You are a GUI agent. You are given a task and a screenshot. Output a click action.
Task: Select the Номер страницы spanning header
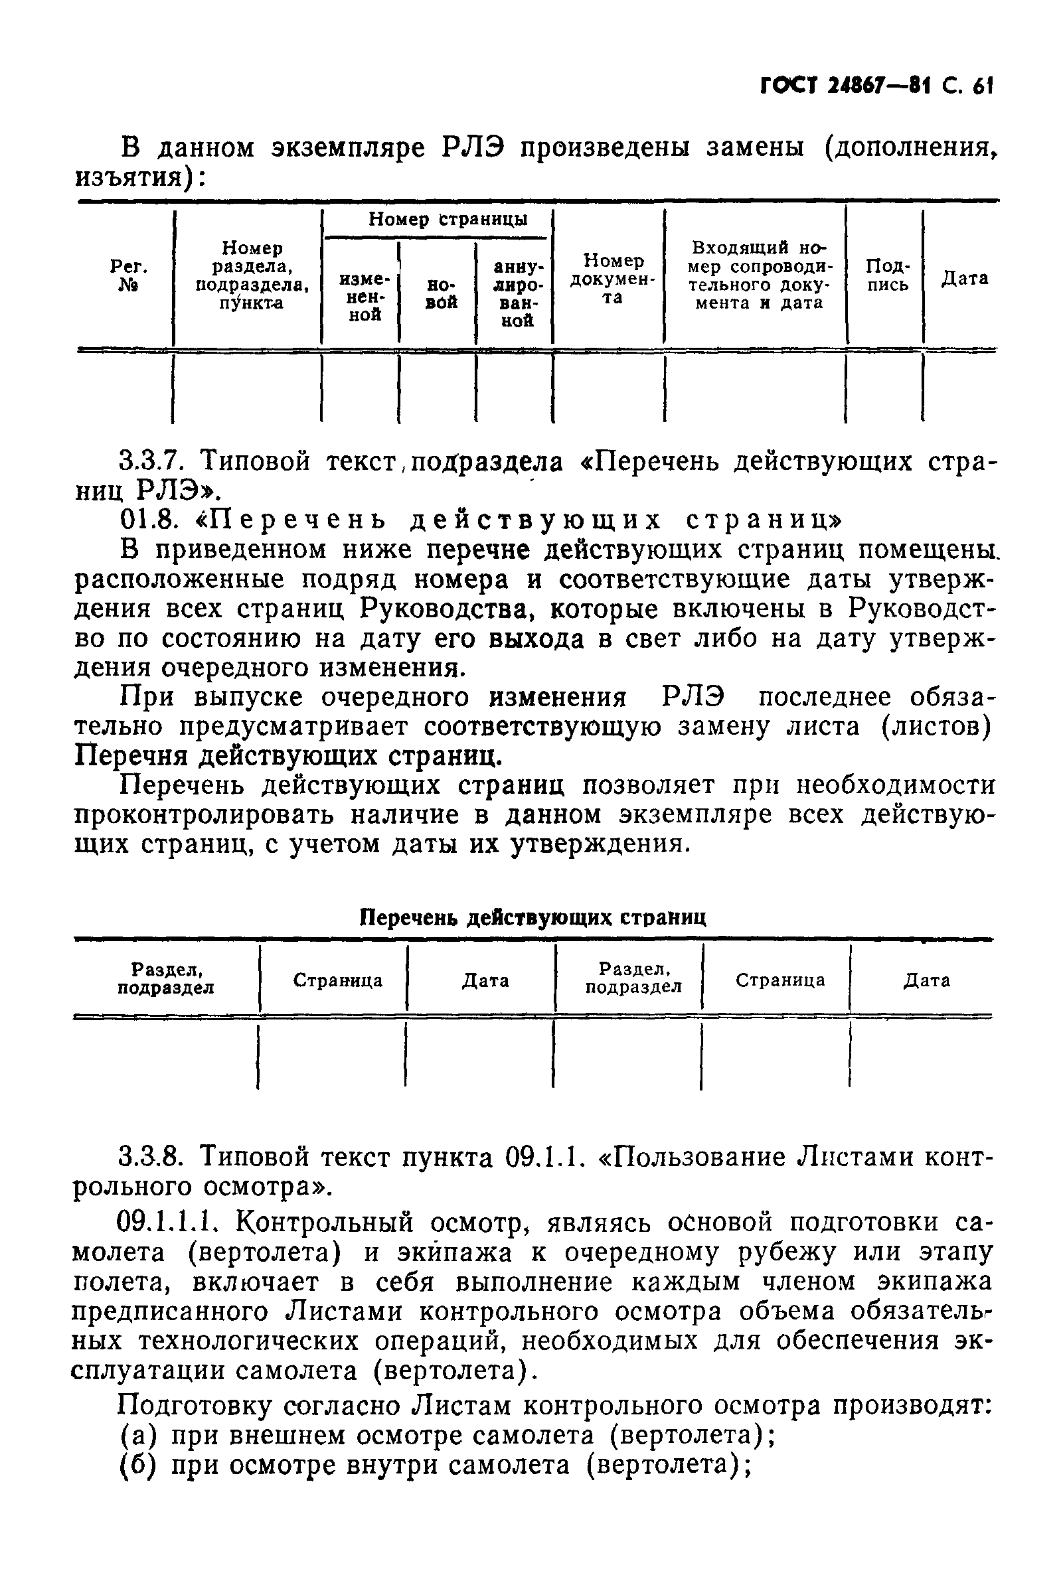[448, 220]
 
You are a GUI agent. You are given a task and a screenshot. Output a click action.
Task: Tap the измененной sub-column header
[364, 297]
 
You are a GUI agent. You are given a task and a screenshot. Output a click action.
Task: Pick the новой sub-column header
[441, 293]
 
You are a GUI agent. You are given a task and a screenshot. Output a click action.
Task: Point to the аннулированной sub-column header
[518, 294]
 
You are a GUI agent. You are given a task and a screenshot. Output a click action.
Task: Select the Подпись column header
[888, 275]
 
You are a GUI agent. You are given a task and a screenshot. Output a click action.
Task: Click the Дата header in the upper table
[964, 278]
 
